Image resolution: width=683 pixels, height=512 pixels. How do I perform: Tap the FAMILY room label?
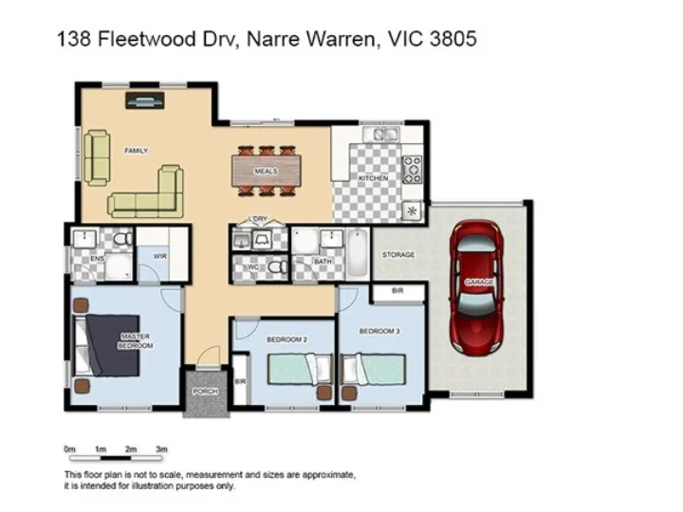pos(136,151)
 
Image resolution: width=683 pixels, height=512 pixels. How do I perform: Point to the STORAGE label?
pos(398,255)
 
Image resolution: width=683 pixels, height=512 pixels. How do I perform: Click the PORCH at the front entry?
pos(204,391)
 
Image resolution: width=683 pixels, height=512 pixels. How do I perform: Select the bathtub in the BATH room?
pos(356,252)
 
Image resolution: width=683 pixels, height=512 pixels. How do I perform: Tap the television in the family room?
pos(145,98)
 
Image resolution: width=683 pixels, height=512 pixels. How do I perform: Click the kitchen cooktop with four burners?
pos(412,170)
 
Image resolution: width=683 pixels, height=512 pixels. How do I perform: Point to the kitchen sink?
pos(384,136)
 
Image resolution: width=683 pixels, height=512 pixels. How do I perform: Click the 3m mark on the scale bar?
pos(161,448)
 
